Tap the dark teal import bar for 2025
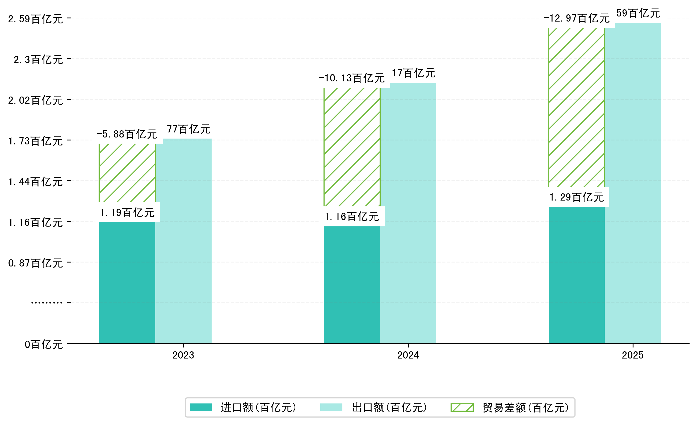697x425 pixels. point(577,275)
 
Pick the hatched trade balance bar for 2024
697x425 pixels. point(352,147)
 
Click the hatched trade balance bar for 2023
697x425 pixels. point(127,173)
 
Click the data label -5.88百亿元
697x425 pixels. point(127,134)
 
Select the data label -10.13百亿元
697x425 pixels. point(352,78)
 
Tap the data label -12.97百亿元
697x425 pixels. point(577,18)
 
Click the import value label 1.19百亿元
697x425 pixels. point(127,212)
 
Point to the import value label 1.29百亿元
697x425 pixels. point(577,197)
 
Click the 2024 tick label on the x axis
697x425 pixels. point(408,355)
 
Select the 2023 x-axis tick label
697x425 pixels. point(183,355)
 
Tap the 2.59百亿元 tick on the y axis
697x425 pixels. point(35,19)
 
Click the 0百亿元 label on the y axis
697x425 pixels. point(44,344)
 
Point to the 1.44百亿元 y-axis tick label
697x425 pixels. point(35,182)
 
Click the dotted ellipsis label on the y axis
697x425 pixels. point(47,303)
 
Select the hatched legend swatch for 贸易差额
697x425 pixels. point(462,407)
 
